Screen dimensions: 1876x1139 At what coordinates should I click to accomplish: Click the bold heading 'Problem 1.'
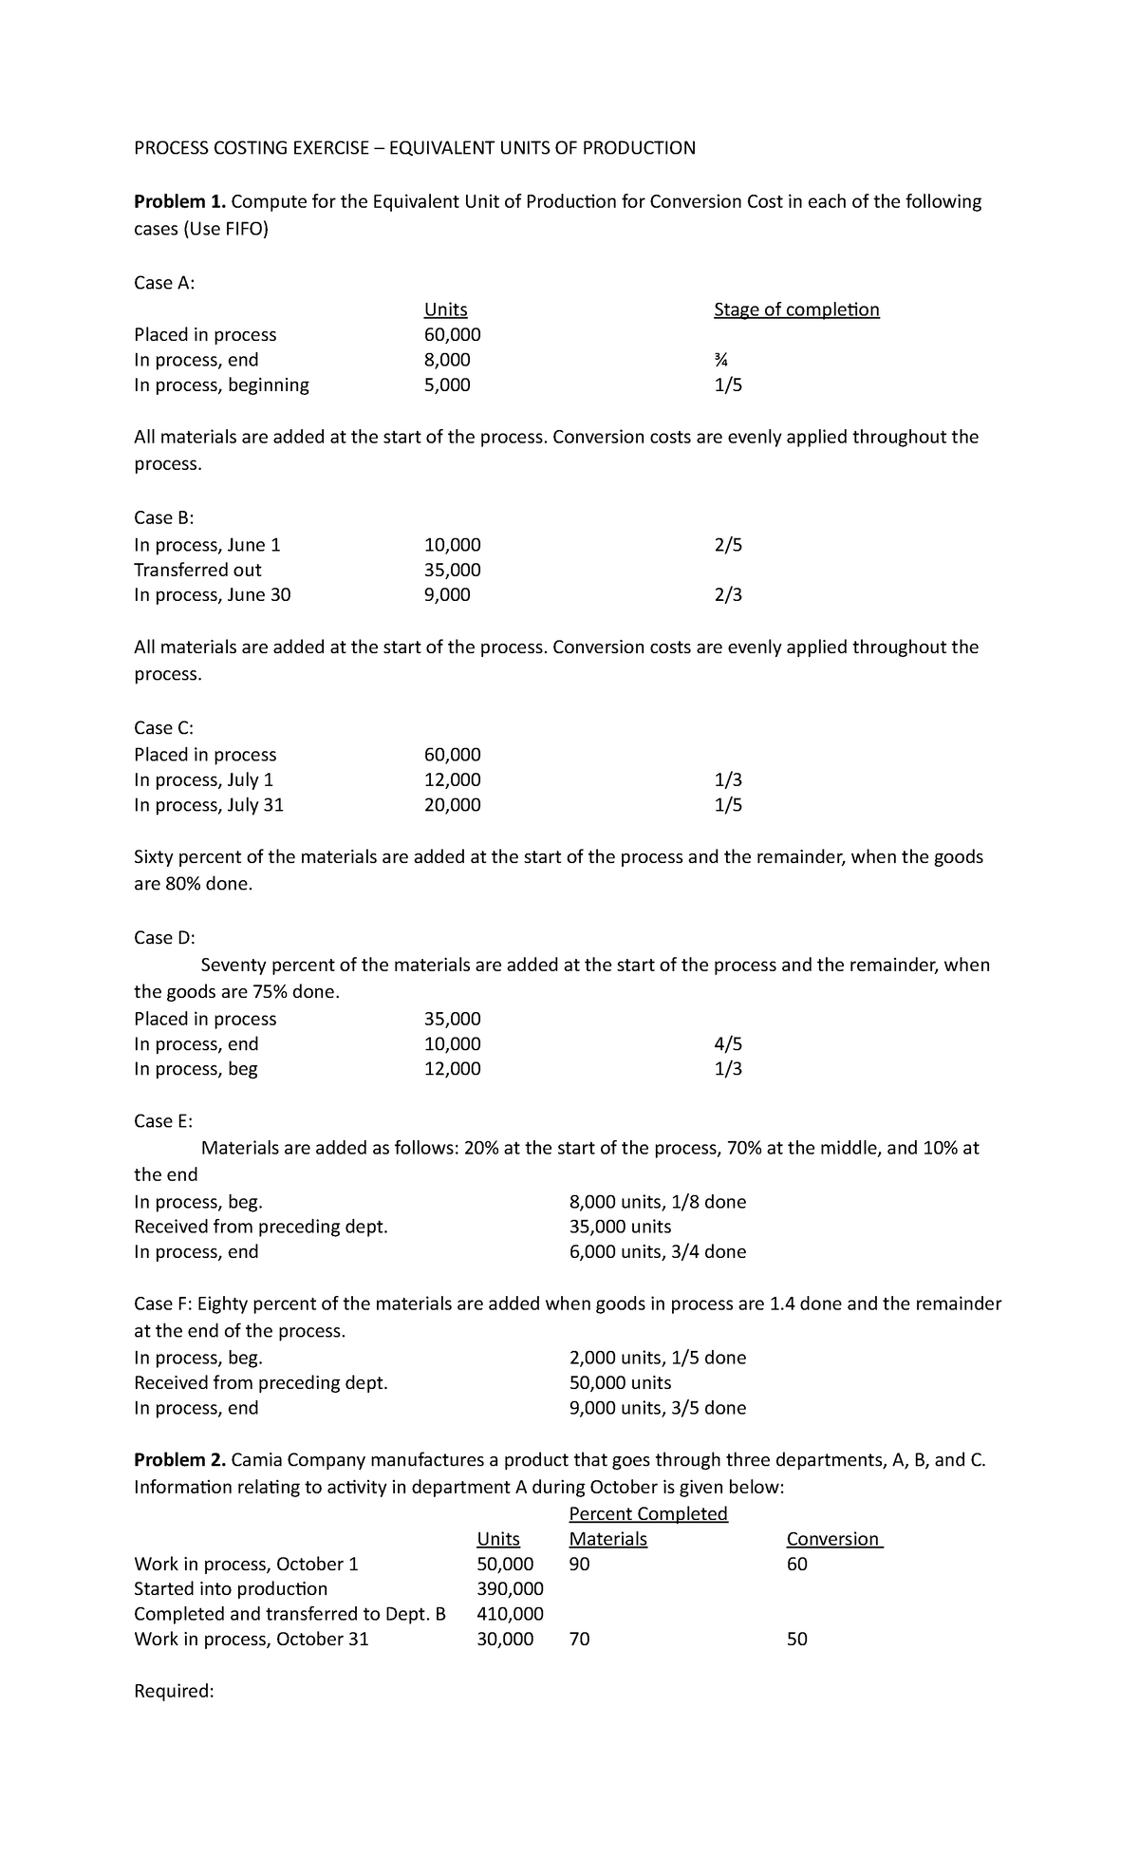[x=180, y=201]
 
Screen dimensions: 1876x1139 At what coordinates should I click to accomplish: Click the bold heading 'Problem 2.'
[x=180, y=1460]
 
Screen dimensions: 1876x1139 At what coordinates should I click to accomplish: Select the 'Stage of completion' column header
[x=796, y=310]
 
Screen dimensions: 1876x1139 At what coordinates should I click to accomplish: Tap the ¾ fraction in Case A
[x=721, y=360]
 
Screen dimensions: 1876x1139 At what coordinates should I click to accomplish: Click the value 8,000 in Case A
[x=446, y=360]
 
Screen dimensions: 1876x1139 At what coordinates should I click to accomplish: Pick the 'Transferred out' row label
[x=197, y=570]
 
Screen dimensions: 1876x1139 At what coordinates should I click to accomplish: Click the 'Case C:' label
[x=163, y=728]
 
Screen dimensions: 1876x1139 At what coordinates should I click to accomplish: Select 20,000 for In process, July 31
[x=452, y=805]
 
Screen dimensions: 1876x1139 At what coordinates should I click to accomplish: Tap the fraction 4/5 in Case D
[x=728, y=1044]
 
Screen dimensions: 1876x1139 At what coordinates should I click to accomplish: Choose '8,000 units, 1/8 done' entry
[x=658, y=1202]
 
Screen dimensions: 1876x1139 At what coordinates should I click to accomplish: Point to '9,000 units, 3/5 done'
[x=658, y=1408]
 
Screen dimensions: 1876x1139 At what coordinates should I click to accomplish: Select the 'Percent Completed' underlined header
[x=647, y=1513]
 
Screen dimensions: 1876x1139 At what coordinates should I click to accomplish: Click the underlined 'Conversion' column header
[x=833, y=1539]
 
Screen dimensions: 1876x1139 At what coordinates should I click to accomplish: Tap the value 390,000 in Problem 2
[x=510, y=1589]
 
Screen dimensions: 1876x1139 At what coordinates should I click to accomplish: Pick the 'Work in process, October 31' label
[x=252, y=1639]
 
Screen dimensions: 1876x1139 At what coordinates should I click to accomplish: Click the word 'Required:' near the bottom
[x=175, y=1691]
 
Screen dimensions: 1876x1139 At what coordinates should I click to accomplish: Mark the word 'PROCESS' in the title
[x=173, y=147]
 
